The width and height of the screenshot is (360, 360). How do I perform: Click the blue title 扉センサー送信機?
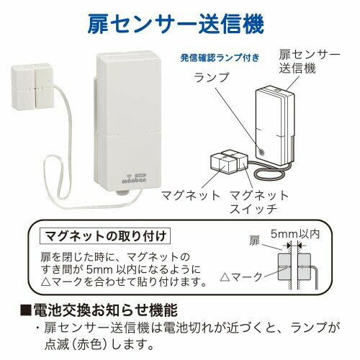176,24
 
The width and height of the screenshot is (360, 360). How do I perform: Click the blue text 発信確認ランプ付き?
220,58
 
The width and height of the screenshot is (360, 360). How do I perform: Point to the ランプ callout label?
211,77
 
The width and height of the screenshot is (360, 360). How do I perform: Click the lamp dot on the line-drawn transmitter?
262,151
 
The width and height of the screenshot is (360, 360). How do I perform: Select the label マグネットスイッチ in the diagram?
258,202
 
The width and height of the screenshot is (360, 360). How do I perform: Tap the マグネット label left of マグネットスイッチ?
191,196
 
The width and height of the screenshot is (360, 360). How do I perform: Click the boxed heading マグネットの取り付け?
105,236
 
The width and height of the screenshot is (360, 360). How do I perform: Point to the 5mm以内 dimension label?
295,234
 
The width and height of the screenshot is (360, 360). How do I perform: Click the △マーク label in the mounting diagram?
241,277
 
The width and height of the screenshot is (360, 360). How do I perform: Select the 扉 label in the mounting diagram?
254,240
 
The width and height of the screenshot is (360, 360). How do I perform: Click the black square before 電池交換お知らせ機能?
26,310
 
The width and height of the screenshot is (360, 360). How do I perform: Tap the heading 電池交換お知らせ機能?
105,310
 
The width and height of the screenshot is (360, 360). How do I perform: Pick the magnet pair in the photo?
32,86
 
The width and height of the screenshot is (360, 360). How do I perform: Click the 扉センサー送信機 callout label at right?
309,62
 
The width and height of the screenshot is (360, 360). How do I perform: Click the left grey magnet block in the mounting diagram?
284,267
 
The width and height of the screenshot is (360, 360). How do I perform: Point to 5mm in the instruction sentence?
99,270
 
